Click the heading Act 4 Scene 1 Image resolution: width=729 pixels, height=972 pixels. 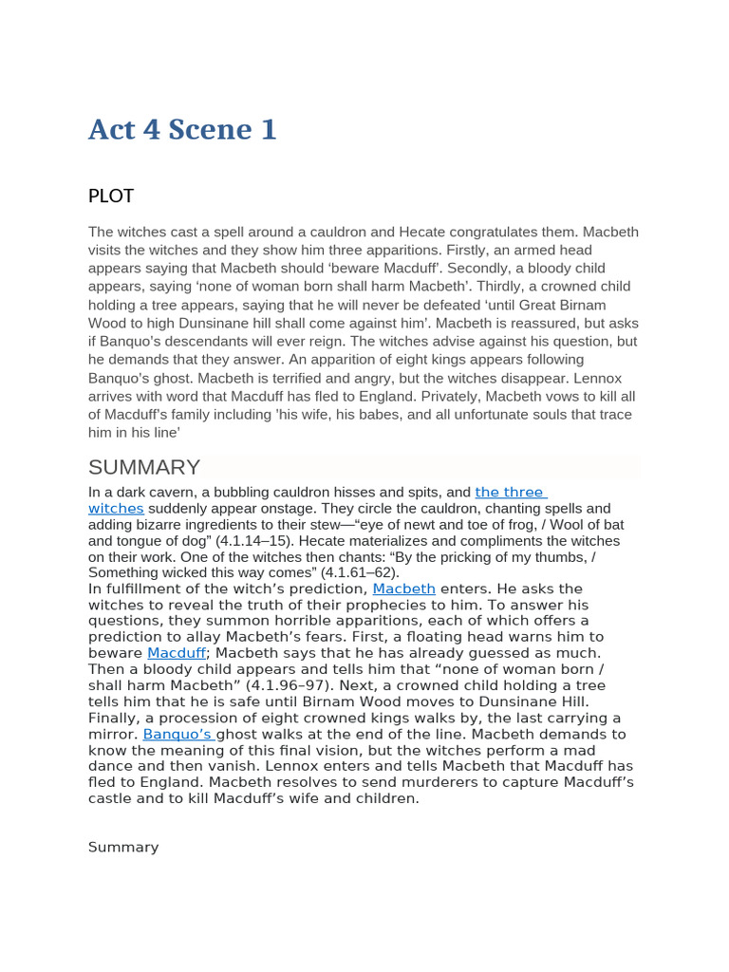(182, 129)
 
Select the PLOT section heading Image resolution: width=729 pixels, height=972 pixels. (111, 196)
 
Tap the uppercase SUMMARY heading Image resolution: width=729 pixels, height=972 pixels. (144, 467)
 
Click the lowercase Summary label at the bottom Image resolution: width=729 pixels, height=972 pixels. (123, 847)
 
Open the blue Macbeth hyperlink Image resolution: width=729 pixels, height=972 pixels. (403, 589)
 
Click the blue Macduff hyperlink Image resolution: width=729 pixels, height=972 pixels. (177, 653)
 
